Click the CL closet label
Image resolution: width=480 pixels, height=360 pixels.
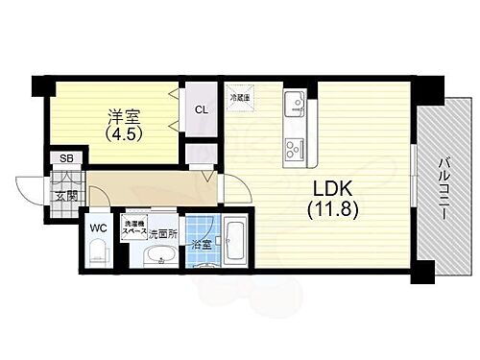tap(202, 109)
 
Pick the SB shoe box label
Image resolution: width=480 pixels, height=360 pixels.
tap(65, 159)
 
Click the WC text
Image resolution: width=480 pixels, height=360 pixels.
tap(99, 228)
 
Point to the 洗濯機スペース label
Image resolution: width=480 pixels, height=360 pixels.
tap(133, 229)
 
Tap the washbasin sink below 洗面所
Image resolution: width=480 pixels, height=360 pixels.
tap(160, 255)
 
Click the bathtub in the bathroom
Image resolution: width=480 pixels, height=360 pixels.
tap(235, 244)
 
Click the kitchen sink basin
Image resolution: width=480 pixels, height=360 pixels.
tap(294, 103)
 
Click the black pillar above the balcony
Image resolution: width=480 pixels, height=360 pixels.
tap(429, 91)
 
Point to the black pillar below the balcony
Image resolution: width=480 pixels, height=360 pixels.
tap(423, 275)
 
